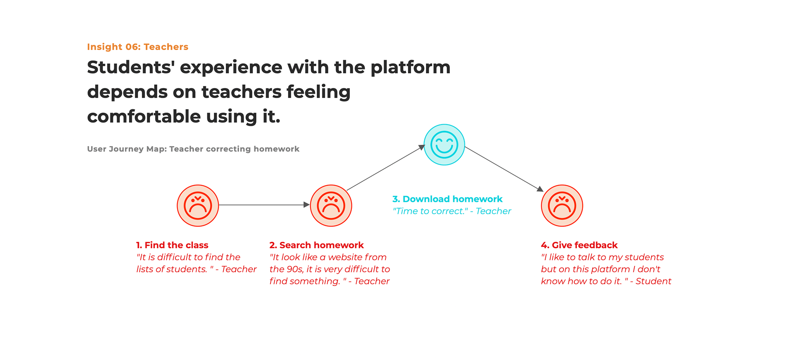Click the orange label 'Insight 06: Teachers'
137,47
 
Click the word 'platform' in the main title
410,67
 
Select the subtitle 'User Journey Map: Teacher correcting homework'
193,149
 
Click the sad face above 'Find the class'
198,206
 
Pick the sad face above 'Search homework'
331,206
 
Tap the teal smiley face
444,145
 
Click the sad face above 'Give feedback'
562,206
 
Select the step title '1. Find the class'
172,245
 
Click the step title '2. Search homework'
316,245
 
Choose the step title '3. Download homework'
447,199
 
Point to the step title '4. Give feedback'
579,245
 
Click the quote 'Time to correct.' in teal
430,211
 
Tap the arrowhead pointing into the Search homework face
306,205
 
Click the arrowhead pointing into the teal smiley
422,147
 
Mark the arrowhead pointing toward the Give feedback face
540,189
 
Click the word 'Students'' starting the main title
129,67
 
